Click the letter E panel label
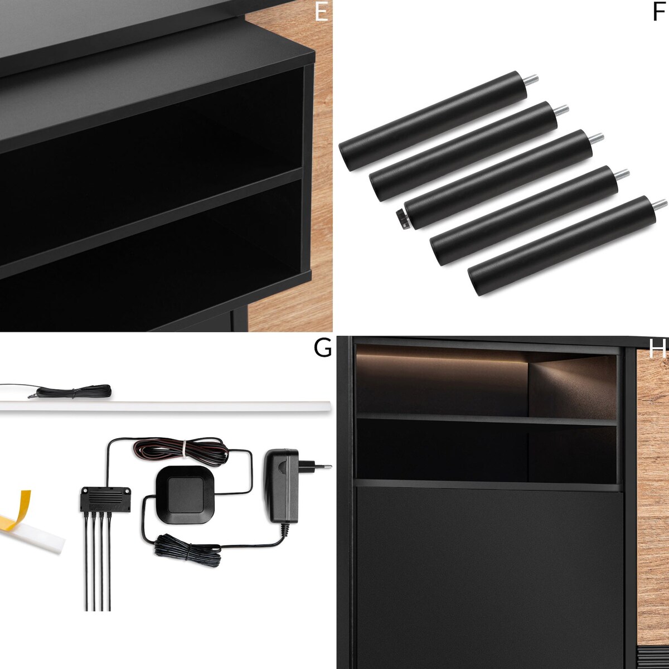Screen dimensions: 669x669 (x=321, y=12)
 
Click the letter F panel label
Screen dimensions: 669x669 (x=659, y=12)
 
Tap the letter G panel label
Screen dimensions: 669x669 (x=322, y=348)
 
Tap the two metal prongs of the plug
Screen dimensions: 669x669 (x=322, y=466)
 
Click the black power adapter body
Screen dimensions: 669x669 (x=284, y=485)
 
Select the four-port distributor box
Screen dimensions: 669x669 (x=106, y=497)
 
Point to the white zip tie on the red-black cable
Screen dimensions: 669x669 (x=182, y=448)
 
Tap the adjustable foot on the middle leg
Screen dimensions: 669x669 (x=402, y=218)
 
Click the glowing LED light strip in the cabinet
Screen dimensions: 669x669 (x=440, y=357)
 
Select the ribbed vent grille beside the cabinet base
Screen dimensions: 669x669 (x=652, y=658)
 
